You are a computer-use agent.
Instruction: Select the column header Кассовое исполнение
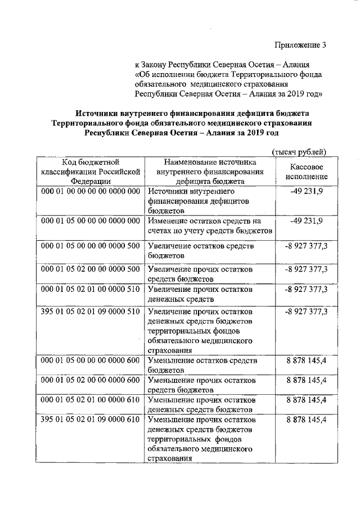[x=307, y=172]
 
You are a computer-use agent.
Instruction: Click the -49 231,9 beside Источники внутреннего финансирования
[x=307, y=192]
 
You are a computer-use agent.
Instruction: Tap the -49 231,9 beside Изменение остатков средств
[x=307, y=220]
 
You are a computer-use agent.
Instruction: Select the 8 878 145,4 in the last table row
[x=307, y=420]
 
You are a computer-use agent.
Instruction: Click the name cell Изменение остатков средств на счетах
[x=210, y=226]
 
